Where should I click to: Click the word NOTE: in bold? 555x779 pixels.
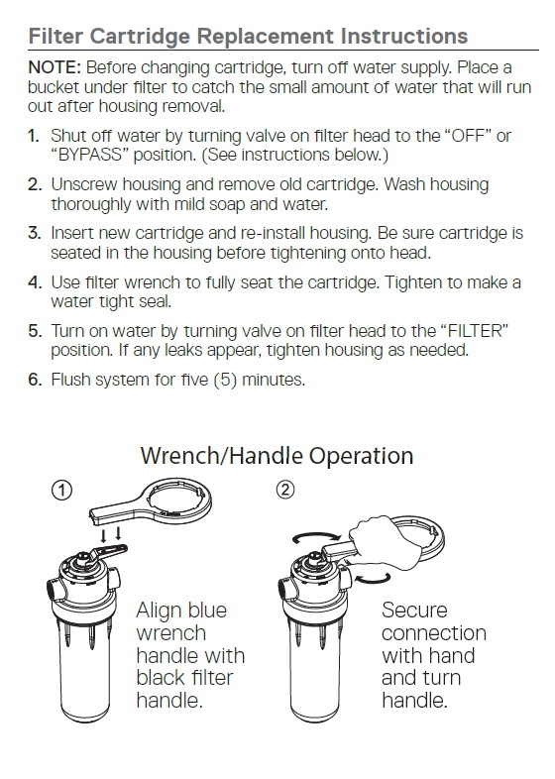pyautogui.click(x=55, y=67)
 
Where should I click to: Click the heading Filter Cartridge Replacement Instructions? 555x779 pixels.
pyautogui.click(x=248, y=37)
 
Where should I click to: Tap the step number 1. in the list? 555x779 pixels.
pyautogui.click(x=34, y=136)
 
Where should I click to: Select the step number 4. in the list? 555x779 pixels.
pyautogui.click(x=35, y=282)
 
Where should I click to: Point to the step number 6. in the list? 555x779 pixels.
pyautogui.click(x=35, y=380)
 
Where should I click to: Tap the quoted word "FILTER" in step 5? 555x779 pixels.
pyautogui.click(x=475, y=331)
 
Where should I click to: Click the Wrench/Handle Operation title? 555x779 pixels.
pyautogui.click(x=277, y=456)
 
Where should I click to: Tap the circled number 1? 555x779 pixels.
pyautogui.click(x=61, y=491)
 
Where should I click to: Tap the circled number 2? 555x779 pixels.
pyautogui.click(x=284, y=490)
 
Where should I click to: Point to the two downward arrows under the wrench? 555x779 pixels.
pyautogui.click(x=110, y=534)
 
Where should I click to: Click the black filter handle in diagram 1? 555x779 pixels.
pyautogui.click(x=108, y=551)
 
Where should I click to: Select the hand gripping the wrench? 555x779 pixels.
pyautogui.click(x=378, y=542)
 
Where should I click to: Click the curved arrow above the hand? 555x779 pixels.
pyautogui.click(x=316, y=536)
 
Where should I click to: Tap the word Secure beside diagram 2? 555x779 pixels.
pyautogui.click(x=414, y=611)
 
